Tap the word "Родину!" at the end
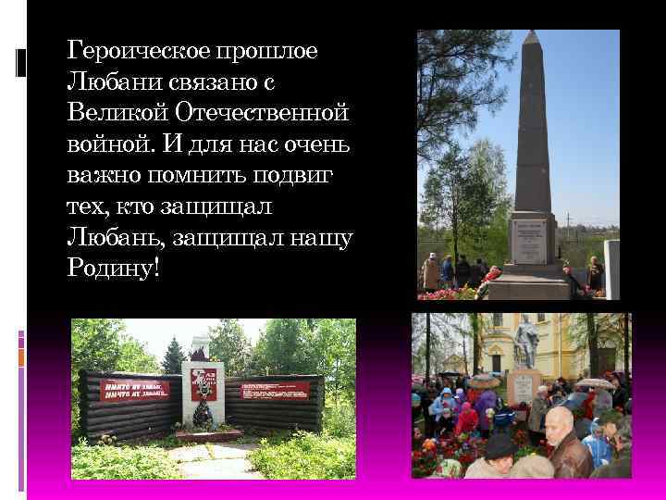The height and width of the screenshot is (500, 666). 114,269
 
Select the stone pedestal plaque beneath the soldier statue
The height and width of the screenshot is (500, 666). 523,386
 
